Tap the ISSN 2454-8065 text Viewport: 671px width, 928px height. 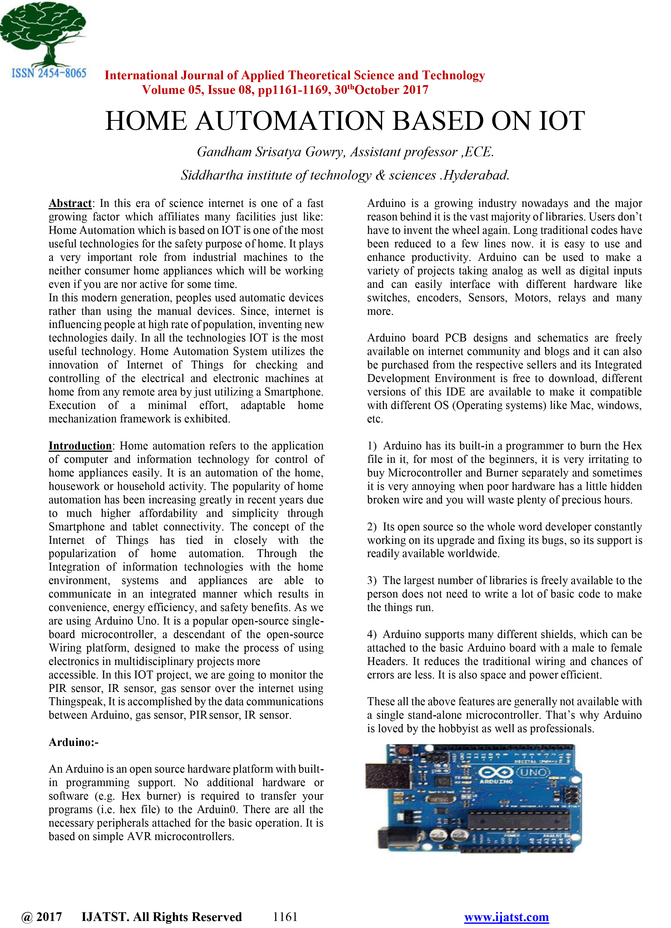pyautogui.click(x=49, y=73)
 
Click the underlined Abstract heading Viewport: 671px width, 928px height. pyautogui.click(x=70, y=203)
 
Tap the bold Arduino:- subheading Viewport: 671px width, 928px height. pyautogui.click(x=74, y=742)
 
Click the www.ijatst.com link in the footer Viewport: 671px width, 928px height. pyautogui.click(x=506, y=917)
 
